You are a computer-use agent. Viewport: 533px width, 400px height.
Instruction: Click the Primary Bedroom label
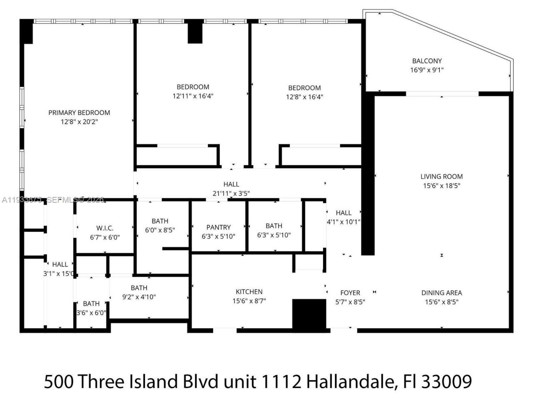79,112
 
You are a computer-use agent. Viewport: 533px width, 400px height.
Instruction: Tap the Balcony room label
427,61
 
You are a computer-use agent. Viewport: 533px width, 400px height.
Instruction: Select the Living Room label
441,177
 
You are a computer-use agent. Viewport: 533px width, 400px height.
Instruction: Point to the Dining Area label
441,293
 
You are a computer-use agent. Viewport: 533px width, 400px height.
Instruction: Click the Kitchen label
249,292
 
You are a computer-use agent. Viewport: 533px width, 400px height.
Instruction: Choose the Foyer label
350,293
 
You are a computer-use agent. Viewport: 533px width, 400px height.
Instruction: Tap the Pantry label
218,227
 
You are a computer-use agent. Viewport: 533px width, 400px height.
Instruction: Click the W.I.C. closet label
105,228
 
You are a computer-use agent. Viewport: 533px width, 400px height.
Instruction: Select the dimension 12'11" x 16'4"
193,96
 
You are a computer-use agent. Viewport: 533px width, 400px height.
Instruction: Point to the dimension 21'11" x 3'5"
231,193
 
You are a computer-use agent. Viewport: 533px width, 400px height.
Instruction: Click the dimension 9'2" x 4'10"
139,297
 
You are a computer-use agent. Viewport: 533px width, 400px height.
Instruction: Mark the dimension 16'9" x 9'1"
427,70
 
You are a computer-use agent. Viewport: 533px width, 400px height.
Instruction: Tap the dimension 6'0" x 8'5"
160,230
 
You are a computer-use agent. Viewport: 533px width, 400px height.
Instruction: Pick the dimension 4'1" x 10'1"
344,222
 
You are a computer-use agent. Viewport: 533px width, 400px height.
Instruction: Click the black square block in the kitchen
309,314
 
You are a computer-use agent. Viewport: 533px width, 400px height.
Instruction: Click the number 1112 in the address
280,381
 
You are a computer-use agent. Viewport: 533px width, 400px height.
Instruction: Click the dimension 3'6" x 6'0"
91,313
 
